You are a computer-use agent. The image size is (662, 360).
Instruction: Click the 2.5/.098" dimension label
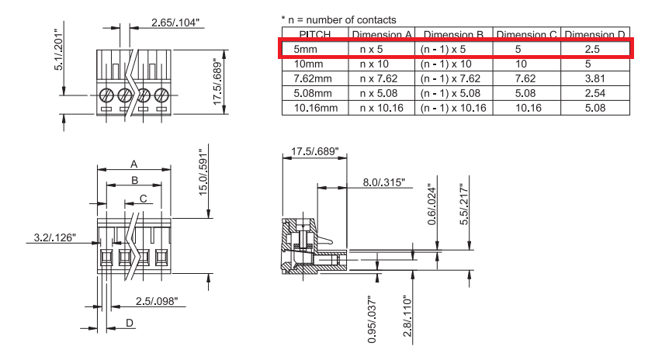click(x=156, y=300)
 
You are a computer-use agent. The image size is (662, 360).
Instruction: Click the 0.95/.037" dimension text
click(x=373, y=318)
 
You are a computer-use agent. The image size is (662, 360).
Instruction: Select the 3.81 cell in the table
click(x=596, y=78)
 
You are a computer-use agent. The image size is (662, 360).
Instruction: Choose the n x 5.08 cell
click(x=381, y=93)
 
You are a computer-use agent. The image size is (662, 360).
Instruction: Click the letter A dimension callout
click(x=133, y=164)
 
